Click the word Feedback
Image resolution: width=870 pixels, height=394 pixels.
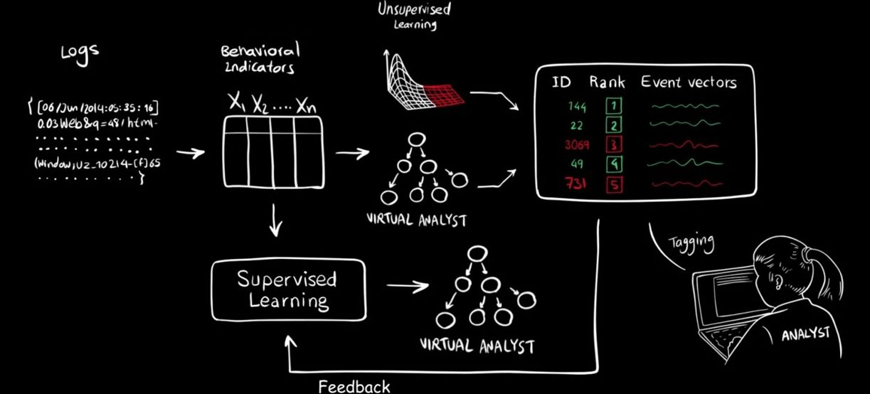[x=354, y=387]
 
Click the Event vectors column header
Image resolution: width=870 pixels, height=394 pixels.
[x=688, y=81]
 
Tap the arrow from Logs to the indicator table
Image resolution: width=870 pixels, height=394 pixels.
[x=190, y=152]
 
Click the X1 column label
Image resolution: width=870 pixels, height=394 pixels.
[x=237, y=102]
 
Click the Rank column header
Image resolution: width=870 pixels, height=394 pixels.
[x=607, y=81]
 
